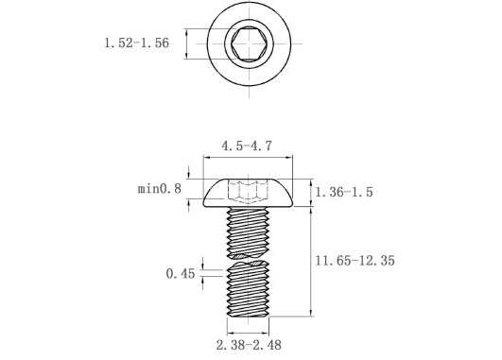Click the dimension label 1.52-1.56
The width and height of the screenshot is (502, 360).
click(137, 43)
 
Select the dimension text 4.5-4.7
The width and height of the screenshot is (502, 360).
click(247, 146)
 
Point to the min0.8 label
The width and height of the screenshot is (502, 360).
click(160, 188)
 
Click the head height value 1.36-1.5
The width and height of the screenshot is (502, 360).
click(344, 192)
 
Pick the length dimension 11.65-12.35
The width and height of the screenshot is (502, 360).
click(355, 261)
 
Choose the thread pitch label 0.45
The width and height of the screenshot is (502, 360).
click(181, 274)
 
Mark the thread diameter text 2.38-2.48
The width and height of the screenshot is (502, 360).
click(249, 345)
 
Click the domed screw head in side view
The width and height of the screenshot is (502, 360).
click(248, 193)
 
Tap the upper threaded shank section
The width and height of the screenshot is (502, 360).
click(248, 232)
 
